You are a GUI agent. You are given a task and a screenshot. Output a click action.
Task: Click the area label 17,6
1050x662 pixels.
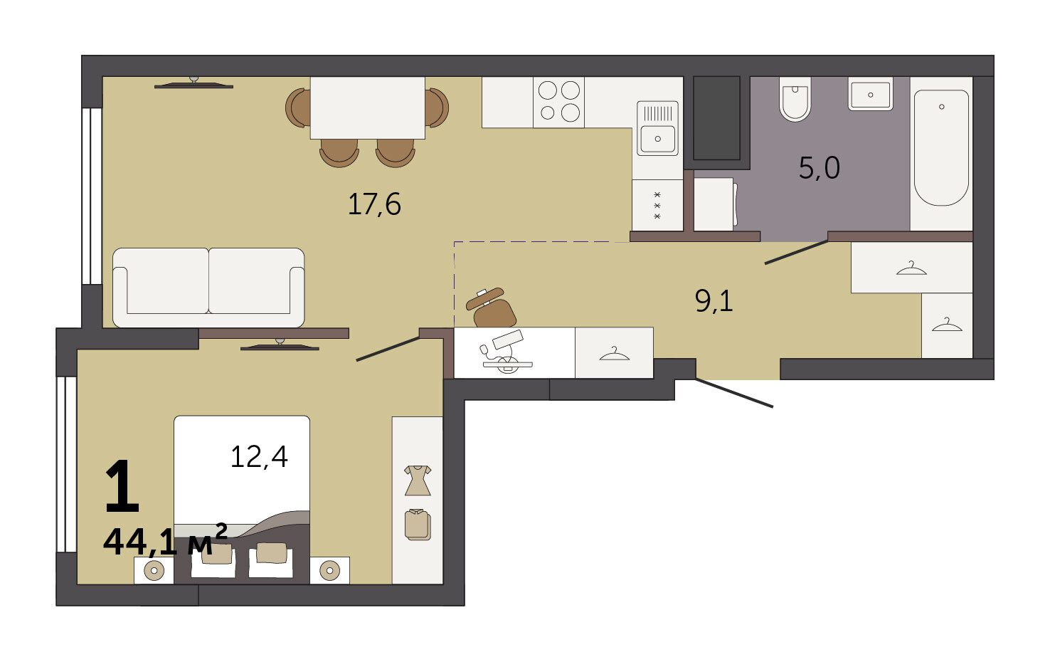pos(374,204)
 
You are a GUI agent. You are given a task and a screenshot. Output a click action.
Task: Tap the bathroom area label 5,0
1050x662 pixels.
pos(819,167)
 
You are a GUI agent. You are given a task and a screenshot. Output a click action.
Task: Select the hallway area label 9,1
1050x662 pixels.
pos(714,300)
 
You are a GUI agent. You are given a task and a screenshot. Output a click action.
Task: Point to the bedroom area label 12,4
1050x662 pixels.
pos(259,456)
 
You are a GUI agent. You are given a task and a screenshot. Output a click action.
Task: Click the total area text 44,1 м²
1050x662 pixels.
pos(165,540)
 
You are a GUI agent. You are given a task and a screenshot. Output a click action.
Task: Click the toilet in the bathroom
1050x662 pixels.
pos(795,99)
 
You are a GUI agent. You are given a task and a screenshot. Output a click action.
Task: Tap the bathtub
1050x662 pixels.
pos(941,148)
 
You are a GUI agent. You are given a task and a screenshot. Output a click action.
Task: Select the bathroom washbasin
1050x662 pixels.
pos(871,94)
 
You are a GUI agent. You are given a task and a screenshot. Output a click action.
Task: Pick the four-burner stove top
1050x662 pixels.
pos(558,103)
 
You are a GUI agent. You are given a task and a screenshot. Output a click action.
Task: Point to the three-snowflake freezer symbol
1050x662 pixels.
pos(657,206)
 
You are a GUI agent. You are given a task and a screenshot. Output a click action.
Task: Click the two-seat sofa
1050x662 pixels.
pos(208,288)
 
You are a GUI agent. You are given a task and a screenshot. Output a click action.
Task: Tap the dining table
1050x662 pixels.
pos(368,108)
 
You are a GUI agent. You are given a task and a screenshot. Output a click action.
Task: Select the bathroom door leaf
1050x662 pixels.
pos(797,253)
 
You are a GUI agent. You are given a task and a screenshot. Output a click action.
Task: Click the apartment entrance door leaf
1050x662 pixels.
pos(734,393)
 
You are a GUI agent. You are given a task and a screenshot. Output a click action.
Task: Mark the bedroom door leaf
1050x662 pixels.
pos(388,349)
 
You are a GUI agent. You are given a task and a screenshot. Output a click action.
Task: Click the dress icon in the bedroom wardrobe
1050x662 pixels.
pos(418,480)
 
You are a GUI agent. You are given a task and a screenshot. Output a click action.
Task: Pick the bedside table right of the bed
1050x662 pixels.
pos(329,570)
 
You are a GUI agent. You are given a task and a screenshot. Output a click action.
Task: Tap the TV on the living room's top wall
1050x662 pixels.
pos(193,83)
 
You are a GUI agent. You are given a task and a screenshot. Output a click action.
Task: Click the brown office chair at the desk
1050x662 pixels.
pos(492,308)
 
